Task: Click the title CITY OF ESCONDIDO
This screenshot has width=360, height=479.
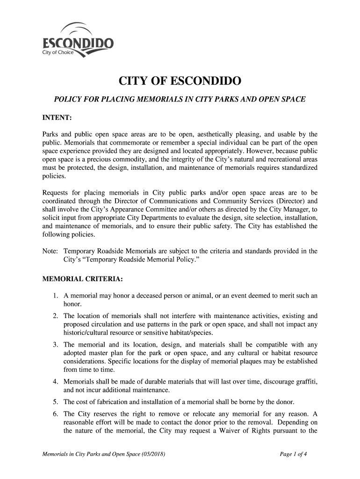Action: (x=180, y=83)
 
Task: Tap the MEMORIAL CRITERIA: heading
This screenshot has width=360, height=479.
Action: (x=83, y=280)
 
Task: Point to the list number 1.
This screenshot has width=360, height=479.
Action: (x=56, y=296)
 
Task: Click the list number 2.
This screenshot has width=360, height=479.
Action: (x=56, y=315)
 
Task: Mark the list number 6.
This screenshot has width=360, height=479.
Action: (x=56, y=414)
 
